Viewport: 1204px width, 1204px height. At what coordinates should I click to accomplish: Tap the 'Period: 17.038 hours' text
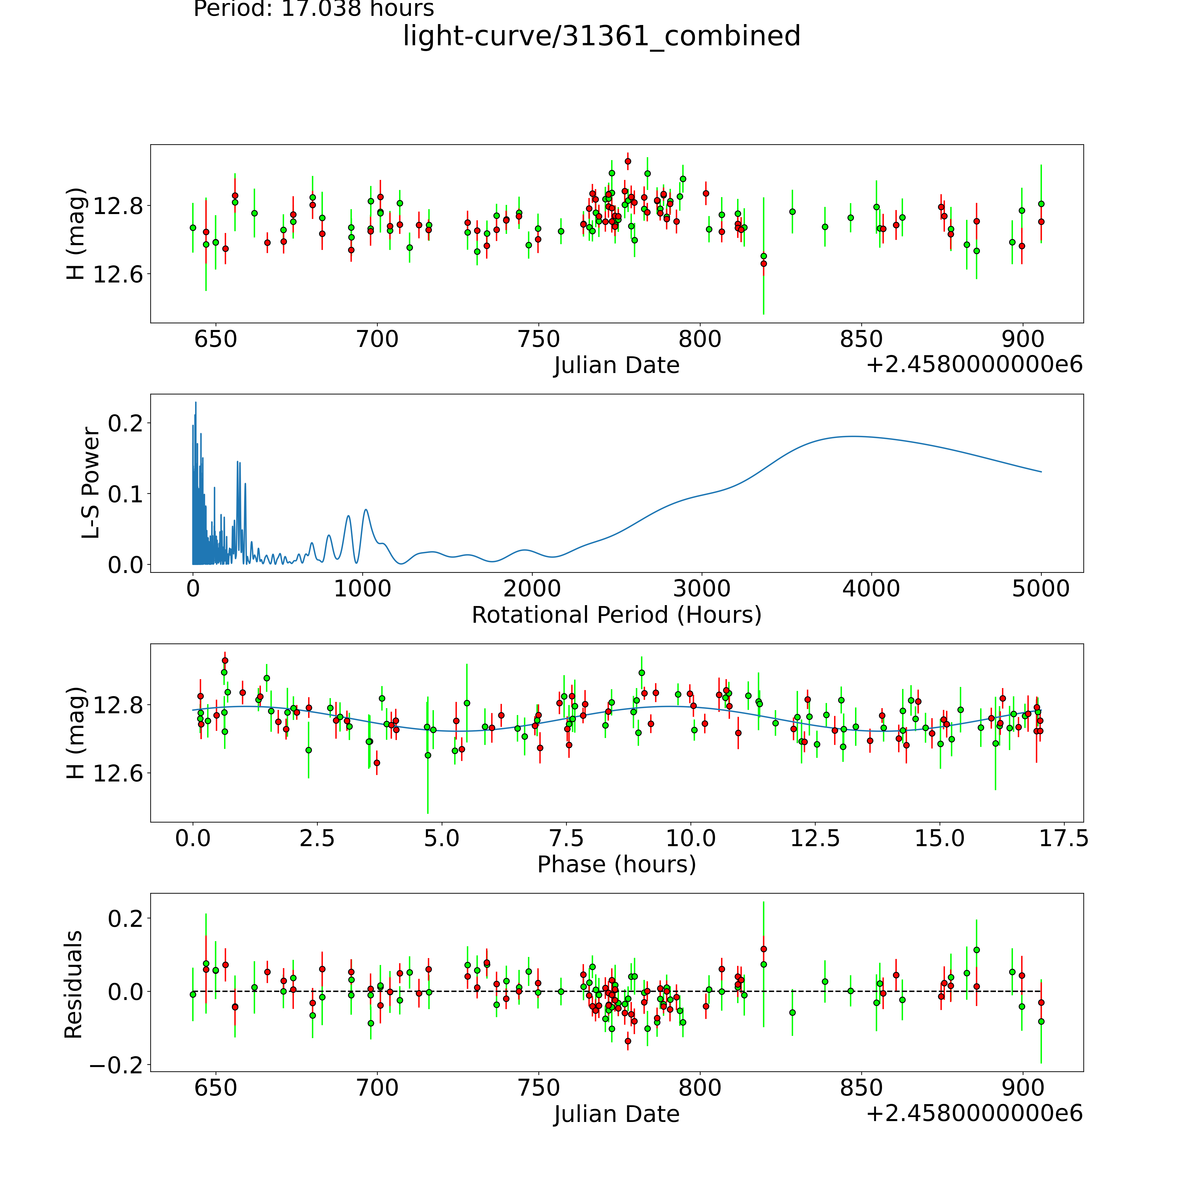coord(313,9)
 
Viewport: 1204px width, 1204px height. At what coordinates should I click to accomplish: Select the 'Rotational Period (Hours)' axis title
coord(616,615)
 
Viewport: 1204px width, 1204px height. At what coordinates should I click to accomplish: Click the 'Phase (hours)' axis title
coord(616,864)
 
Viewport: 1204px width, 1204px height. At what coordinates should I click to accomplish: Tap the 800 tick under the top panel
coord(700,340)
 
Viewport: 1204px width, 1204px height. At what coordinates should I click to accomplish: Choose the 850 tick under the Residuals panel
coord(861,1088)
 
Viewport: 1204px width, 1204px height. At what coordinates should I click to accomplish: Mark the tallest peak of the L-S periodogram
coord(196,403)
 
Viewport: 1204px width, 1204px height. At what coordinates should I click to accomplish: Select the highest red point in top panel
coord(628,161)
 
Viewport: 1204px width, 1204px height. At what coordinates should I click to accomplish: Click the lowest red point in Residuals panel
coord(628,1041)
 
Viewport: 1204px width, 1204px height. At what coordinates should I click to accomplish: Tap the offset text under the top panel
coord(974,365)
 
